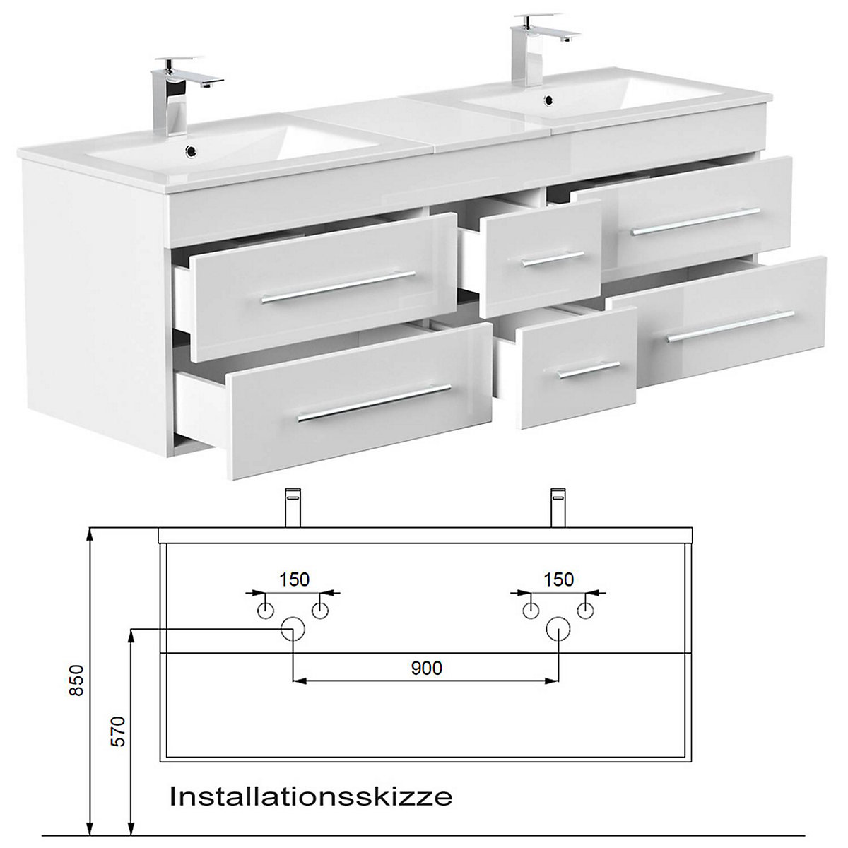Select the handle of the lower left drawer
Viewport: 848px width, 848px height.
pos(374,404)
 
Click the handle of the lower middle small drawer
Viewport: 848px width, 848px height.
pos(587,370)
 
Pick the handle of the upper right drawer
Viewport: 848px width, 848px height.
pos(695,221)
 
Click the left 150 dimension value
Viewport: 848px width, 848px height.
pos(293,579)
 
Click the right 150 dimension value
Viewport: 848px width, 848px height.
pos(558,579)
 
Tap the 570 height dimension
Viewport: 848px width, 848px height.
pos(118,732)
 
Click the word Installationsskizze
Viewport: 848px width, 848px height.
pos(311,797)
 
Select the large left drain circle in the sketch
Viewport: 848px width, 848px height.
pos(293,628)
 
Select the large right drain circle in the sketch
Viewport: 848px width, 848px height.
pos(558,628)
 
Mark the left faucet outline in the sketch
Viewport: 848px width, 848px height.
pos(293,507)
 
